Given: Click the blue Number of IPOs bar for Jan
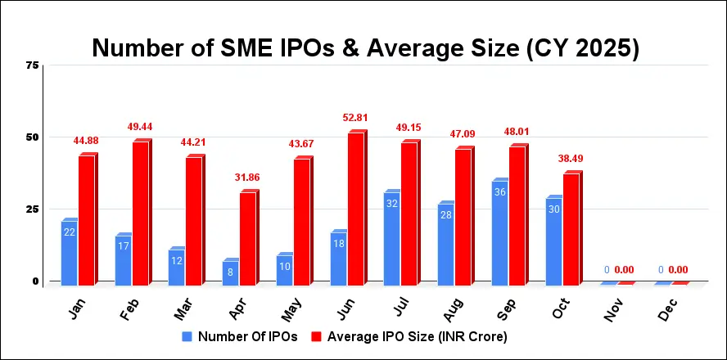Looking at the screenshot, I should click(x=69, y=252).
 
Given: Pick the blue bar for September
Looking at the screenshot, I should click(x=499, y=232).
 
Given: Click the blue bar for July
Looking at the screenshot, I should click(x=391, y=237).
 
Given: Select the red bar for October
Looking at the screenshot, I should click(x=571, y=228).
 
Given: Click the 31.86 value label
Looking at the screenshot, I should click(x=247, y=176).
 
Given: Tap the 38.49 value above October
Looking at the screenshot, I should click(x=571, y=158).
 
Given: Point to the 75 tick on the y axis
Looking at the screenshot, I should click(x=33, y=65).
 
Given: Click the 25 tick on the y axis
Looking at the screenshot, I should click(x=33, y=209).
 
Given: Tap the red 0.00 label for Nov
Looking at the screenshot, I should click(x=625, y=270).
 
